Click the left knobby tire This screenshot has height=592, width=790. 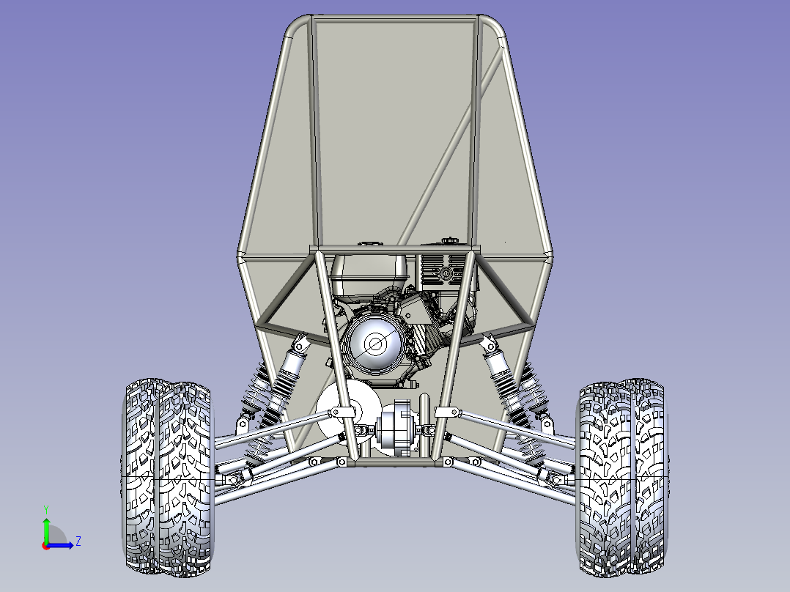click(168, 478)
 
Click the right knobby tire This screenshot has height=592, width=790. click(623, 478)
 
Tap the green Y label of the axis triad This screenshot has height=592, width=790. click(46, 510)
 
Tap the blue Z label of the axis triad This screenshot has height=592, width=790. click(78, 541)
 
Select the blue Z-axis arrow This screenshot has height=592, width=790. click(60, 544)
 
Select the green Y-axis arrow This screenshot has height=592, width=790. click(46, 530)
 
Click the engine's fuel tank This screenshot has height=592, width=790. click(369, 275)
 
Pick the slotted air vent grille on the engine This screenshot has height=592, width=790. click(444, 270)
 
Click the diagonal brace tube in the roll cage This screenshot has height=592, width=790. click(451, 146)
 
